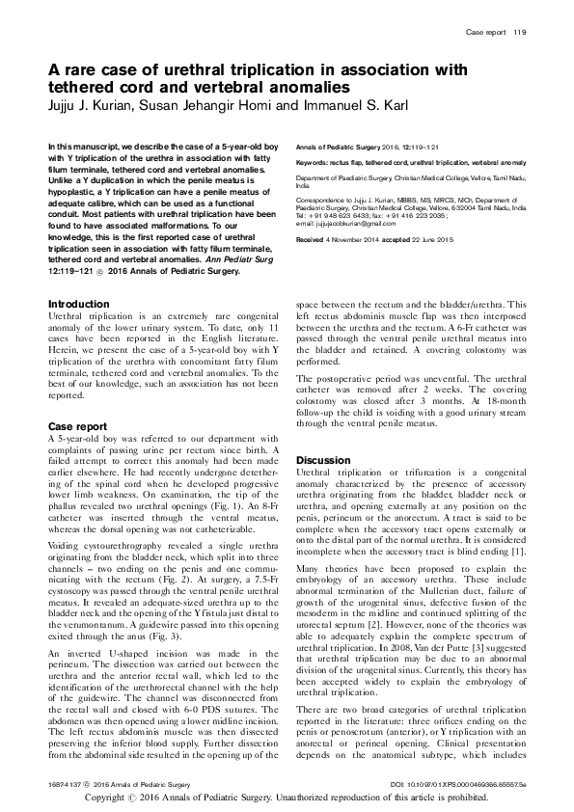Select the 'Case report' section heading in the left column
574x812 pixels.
click(77, 425)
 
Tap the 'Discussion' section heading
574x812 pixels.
click(323, 460)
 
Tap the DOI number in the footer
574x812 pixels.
click(471, 787)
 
